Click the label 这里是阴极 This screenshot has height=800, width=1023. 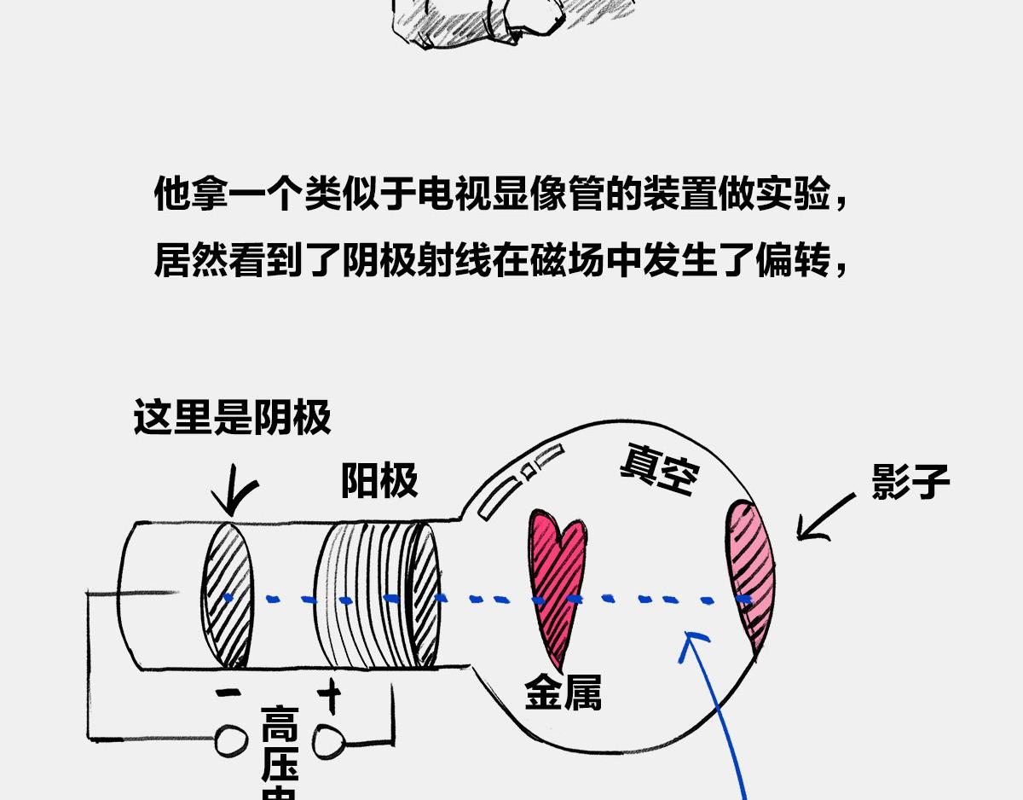coord(232,419)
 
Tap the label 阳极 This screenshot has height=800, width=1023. coord(379,481)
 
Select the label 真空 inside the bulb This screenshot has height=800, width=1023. coord(658,469)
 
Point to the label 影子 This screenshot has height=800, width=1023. coord(910,482)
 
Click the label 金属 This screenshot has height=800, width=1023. coord(563,693)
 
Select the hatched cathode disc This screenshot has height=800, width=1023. coord(228,594)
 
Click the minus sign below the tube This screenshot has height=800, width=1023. coord(228,693)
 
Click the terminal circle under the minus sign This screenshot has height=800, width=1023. coord(231,742)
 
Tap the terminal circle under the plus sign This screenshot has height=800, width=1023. coord(328,742)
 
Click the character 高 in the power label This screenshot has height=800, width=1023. coord(280,724)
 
